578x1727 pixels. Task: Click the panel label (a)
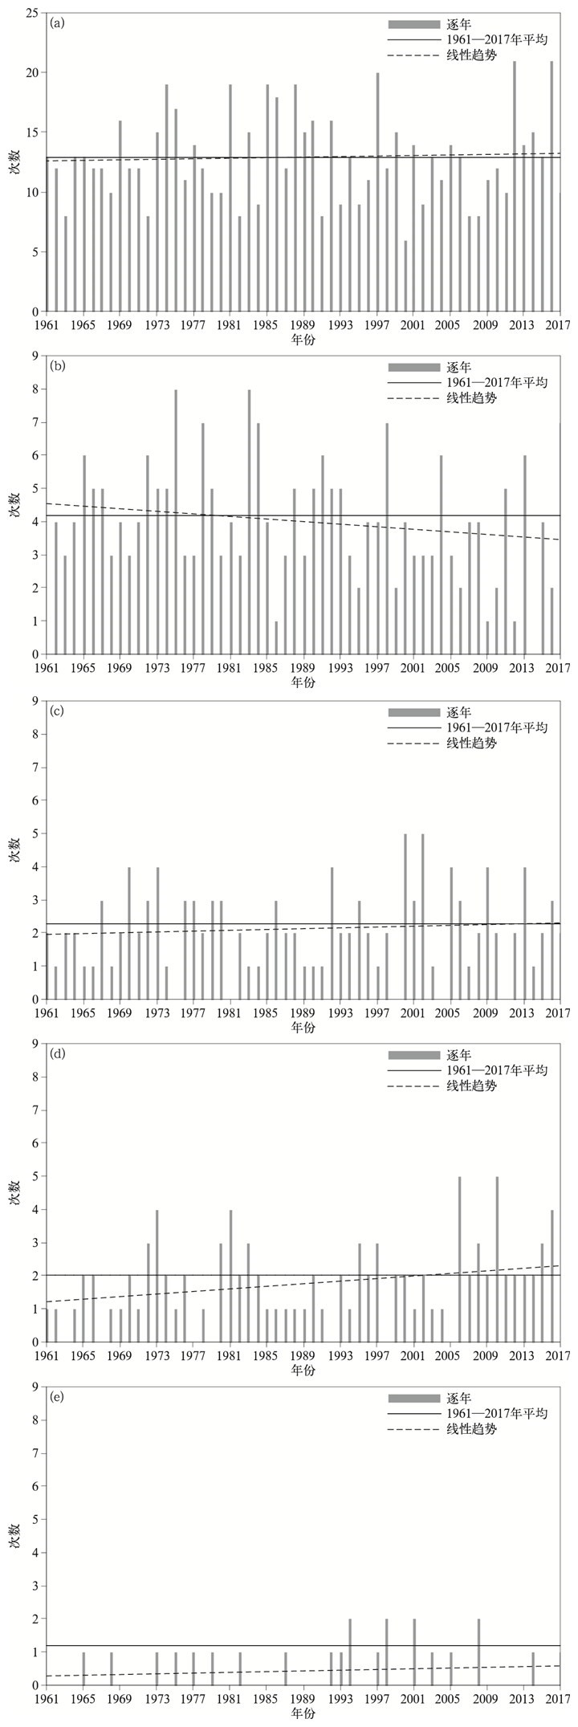pos(57,23)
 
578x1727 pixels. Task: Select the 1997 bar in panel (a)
pos(377,192)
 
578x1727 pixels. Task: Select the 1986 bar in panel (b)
pos(276,637)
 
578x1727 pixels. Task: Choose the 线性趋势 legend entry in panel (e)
pos(471,1429)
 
